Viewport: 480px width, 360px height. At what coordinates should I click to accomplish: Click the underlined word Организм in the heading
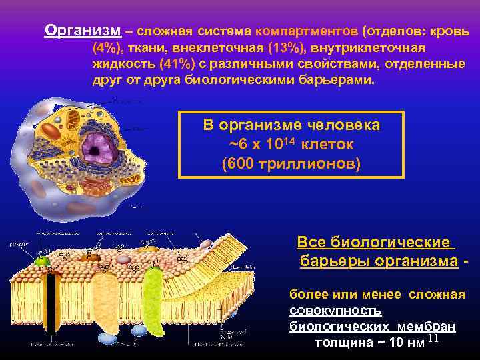[83, 31]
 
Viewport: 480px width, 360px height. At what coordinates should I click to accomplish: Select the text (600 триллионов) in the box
[291, 162]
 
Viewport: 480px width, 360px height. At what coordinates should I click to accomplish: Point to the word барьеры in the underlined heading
[327, 260]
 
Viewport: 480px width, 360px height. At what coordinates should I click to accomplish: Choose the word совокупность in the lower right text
[335, 311]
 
